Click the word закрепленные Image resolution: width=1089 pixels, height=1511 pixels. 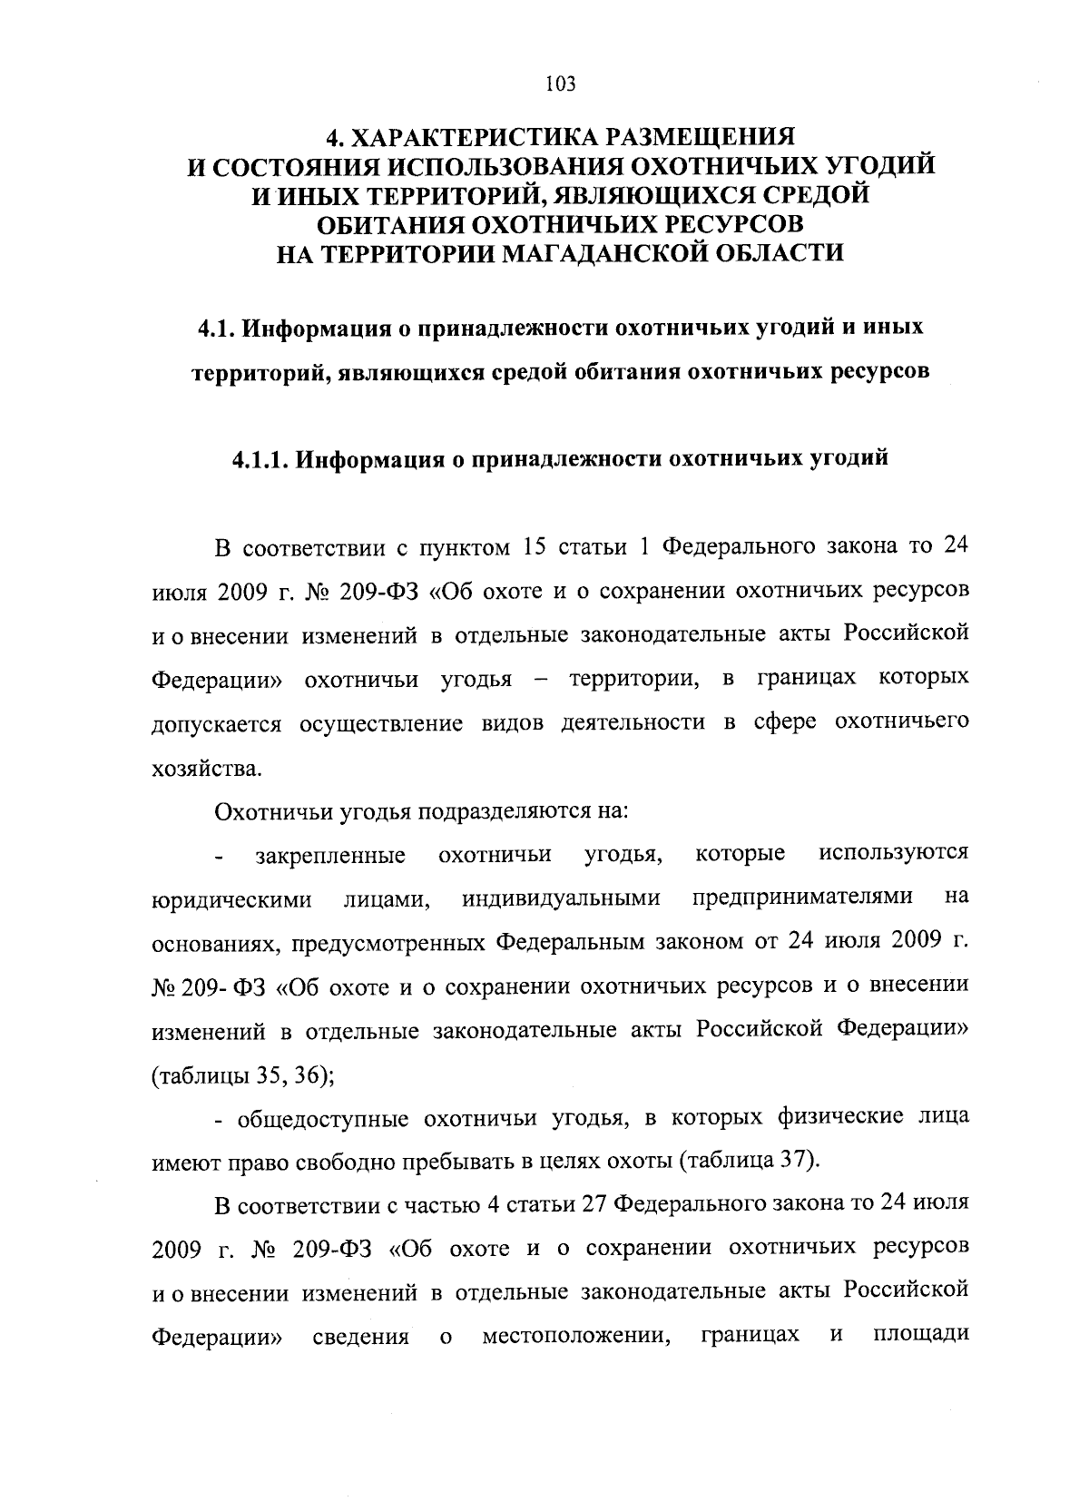[330, 855]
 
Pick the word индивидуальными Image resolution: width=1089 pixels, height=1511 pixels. [560, 898]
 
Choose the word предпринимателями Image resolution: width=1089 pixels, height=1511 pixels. [802, 898]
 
